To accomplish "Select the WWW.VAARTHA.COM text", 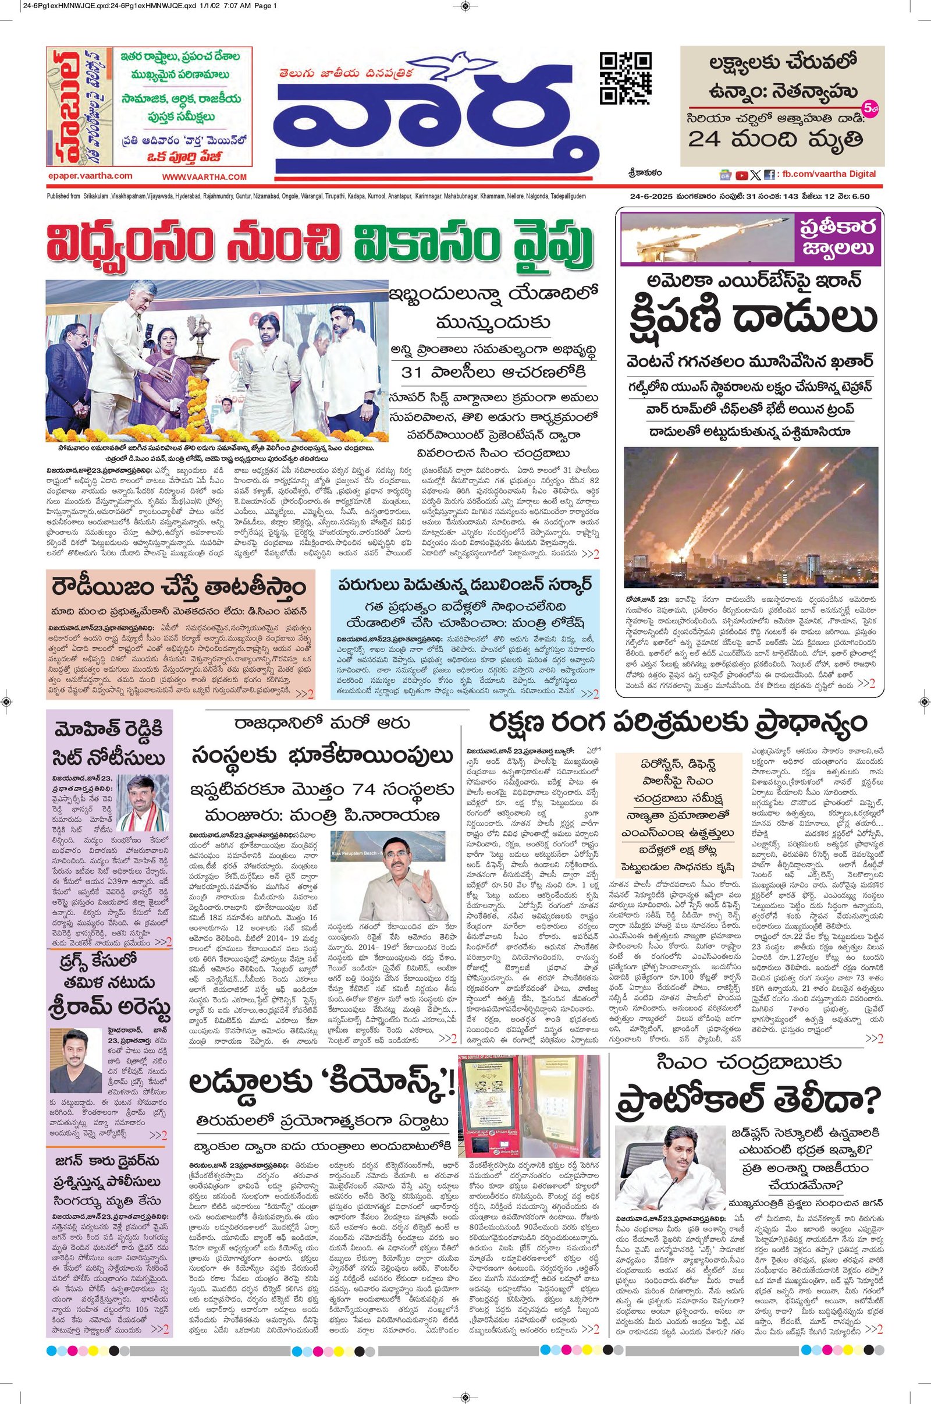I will click(x=204, y=176).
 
